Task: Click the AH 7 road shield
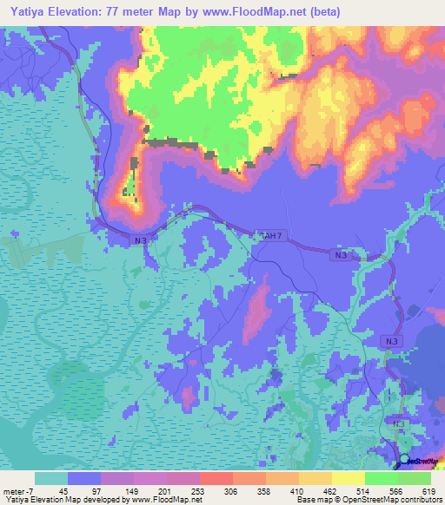point(271,234)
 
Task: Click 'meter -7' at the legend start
point(17,490)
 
